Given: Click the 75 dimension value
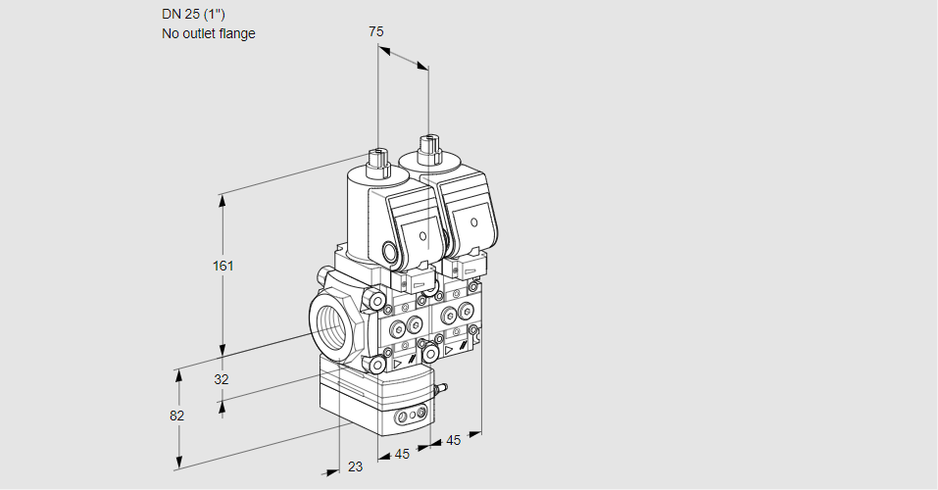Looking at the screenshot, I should tap(376, 31).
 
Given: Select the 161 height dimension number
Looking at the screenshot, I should tap(224, 266).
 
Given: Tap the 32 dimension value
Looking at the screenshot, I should tap(221, 379).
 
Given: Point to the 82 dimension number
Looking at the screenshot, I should tap(176, 416).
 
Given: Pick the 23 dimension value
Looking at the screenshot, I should tap(355, 466).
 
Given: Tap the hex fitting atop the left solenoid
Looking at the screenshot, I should tap(377, 159).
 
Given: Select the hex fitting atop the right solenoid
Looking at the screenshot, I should tap(427, 148).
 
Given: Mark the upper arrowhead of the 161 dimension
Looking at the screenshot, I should tap(222, 199).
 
